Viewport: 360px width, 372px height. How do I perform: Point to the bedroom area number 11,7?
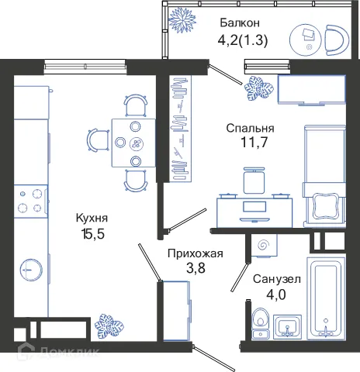[247, 143]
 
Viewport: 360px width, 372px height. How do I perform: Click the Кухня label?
[92, 219]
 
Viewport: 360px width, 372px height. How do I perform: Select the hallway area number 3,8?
[196, 268]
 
